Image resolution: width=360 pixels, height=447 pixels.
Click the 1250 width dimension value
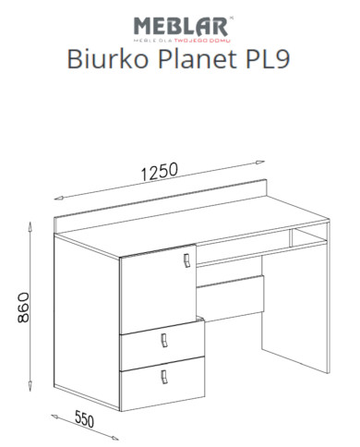(160, 173)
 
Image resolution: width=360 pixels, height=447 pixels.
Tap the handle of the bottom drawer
(164, 376)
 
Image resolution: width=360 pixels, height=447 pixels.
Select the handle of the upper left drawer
(163, 341)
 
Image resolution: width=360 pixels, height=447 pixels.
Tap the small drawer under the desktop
(231, 295)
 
